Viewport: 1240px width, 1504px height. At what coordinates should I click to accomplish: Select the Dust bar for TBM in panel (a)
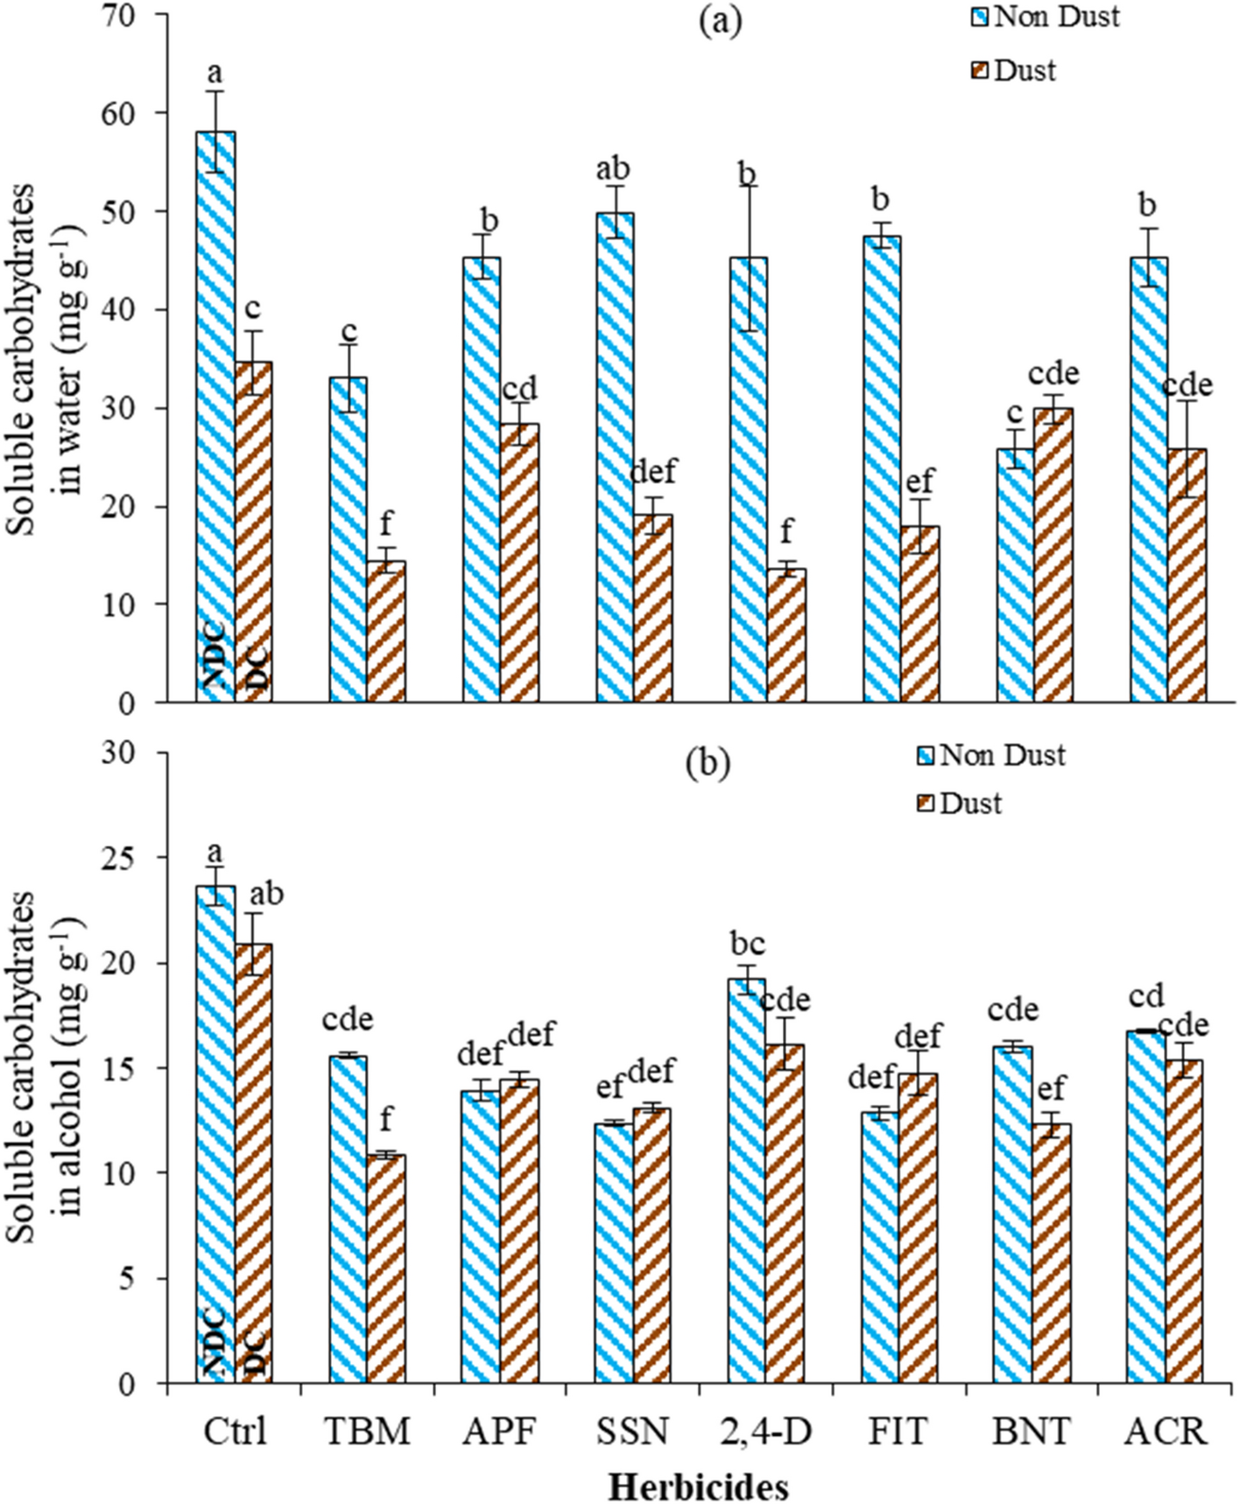386,630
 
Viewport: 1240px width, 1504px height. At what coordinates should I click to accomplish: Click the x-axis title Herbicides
698,1486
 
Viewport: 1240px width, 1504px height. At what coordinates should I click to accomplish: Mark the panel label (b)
707,763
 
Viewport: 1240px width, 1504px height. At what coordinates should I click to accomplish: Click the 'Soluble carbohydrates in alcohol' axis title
48,1068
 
